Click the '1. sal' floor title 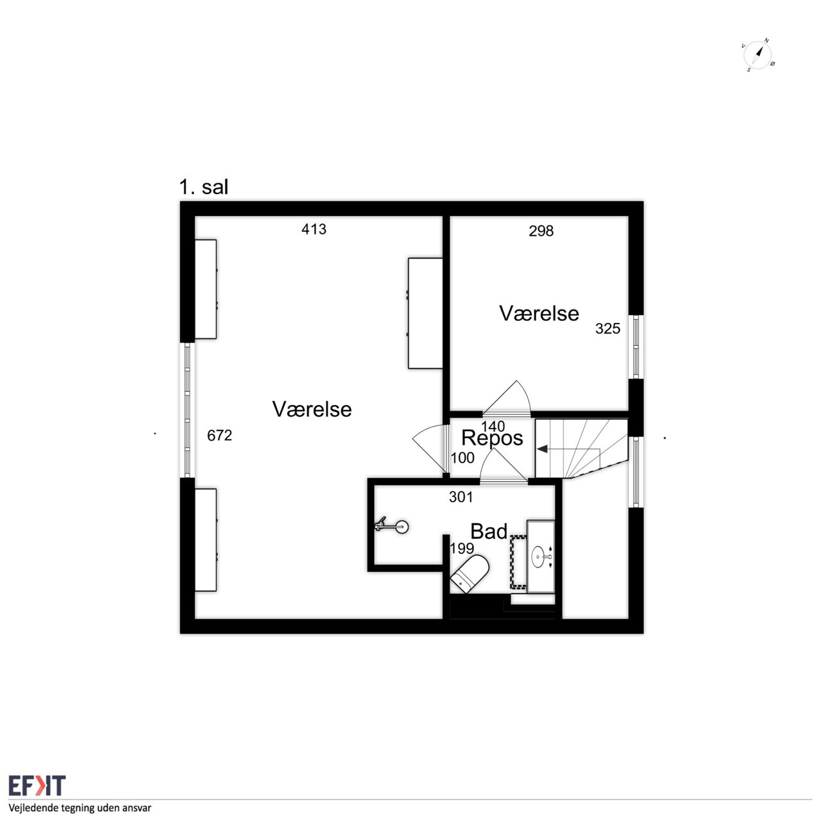pos(204,187)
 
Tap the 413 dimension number pos(314,229)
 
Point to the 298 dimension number pos(541,231)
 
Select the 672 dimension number pos(219,436)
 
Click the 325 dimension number pos(607,329)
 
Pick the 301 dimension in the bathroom pos(461,496)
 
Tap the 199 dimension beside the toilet pos(462,548)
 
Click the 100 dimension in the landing pos(463,458)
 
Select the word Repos pos(492,438)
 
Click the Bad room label pos(489,532)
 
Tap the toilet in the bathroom pos(470,572)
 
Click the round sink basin pos(539,556)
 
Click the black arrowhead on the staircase pos(542,448)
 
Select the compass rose pos(757,55)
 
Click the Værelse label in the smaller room pos(539,314)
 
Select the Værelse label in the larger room pos(312,409)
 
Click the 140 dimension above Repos pos(493,426)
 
